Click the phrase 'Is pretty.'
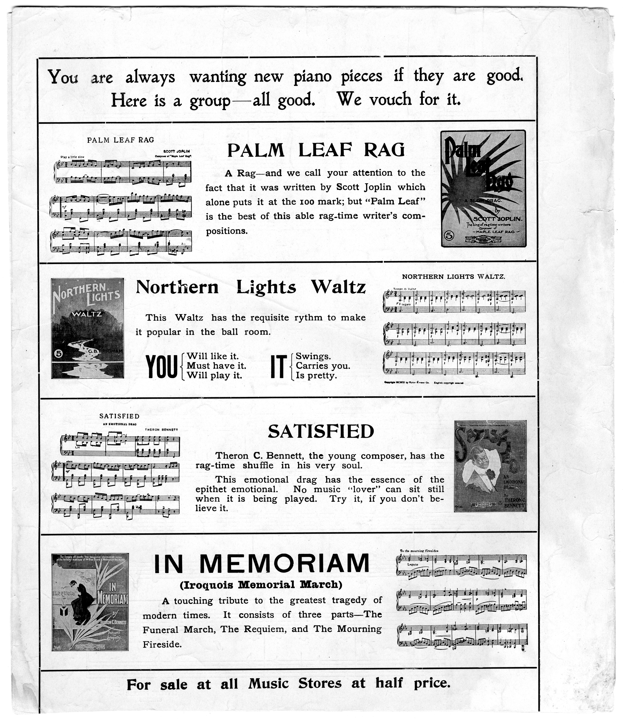point(316,376)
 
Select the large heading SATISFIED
point(321,432)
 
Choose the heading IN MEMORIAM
point(261,564)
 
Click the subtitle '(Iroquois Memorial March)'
point(261,585)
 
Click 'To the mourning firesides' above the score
point(419,551)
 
